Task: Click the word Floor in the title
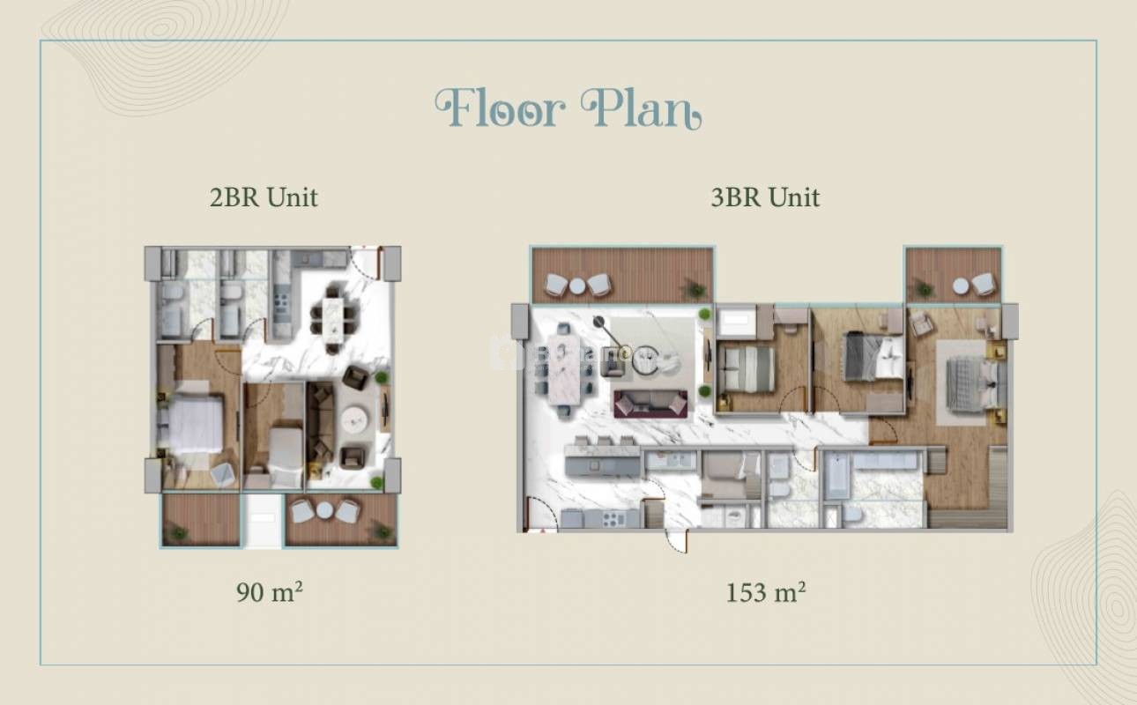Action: [500, 108]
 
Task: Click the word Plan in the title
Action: [642, 108]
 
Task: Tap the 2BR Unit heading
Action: [264, 197]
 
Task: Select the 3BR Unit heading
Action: [765, 197]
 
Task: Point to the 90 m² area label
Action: [269, 592]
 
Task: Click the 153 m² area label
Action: [765, 592]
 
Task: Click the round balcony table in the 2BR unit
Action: [323, 510]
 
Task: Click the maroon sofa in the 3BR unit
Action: [650, 404]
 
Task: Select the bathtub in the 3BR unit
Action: [836, 477]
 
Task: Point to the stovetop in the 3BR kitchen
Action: [613, 519]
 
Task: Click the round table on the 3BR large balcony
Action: [577, 286]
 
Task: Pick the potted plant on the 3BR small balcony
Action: [924, 289]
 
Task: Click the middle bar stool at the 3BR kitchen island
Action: [604, 441]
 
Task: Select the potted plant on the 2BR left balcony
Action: [178, 533]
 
